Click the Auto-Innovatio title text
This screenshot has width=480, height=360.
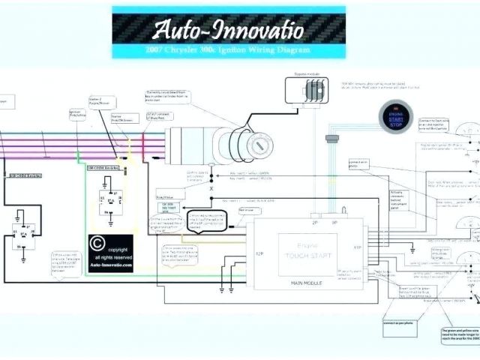228,31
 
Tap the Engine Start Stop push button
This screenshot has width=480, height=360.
395,116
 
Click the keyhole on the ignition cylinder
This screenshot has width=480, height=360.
256,143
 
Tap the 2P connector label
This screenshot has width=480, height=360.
313,223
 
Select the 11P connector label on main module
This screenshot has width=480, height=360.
357,247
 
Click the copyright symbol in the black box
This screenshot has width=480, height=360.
97,244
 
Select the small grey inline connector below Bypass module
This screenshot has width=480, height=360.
332,138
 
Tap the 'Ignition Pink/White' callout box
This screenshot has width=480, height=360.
77,113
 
